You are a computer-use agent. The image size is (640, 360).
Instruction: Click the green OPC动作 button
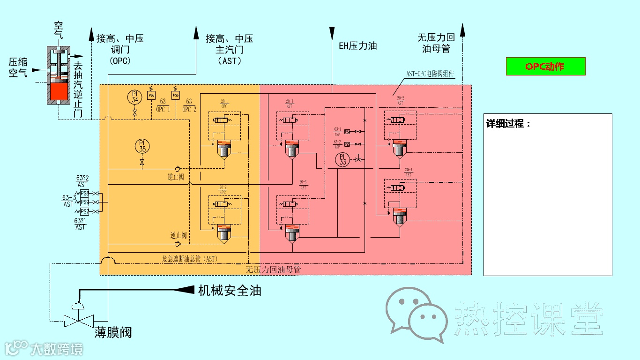(545, 67)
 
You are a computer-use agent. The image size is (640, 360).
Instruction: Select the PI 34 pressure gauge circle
(135, 97)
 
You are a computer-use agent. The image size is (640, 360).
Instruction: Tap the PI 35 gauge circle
(142, 146)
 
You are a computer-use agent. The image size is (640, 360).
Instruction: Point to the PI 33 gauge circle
(343, 159)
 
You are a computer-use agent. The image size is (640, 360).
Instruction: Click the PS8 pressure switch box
(85, 193)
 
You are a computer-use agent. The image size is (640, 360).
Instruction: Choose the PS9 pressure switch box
(85, 202)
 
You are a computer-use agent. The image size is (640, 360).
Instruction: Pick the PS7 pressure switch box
(85, 211)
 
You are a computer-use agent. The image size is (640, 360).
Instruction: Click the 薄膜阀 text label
(113, 333)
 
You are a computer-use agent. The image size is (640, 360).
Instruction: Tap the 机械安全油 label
(230, 291)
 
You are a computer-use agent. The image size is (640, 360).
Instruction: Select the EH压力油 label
(358, 46)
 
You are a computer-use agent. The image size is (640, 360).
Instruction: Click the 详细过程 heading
(509, 124)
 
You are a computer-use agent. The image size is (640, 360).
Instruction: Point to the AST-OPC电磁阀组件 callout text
(430, 74)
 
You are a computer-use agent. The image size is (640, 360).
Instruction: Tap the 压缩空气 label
(18, 67)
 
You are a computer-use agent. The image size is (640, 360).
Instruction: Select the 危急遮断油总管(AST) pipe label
(190, 258)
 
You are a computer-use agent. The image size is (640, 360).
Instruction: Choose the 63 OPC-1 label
(163, 105)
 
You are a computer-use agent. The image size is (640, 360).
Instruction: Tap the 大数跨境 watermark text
(56, 349)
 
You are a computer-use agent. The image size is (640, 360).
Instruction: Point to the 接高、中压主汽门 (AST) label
(230, 49)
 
